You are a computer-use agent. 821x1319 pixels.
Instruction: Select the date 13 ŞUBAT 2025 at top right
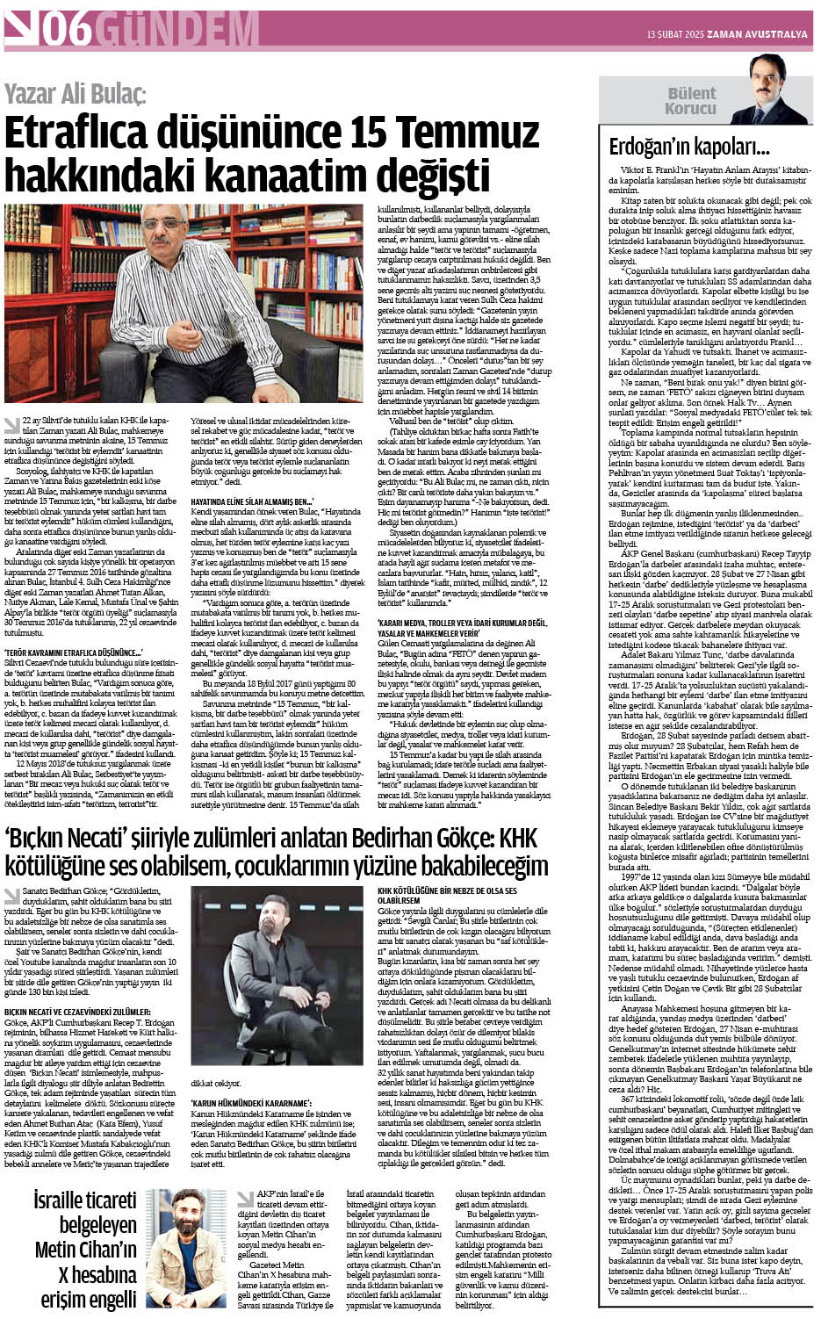tap(676, 34)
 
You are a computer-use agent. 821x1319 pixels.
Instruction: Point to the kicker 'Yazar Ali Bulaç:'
tap(76, 94)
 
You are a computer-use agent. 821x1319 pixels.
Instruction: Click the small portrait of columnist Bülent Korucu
tap(770, 93)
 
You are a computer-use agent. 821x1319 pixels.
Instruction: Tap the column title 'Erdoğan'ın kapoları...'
tap(689, 147)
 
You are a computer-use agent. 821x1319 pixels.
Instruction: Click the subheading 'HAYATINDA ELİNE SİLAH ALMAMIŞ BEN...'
tap(247, 499)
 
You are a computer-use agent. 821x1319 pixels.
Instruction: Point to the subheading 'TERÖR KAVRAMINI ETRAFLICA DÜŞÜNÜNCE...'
tap(74, 652)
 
